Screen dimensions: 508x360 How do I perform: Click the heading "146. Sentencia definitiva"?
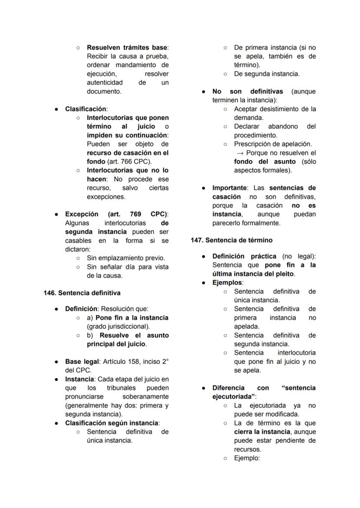coord(82,293)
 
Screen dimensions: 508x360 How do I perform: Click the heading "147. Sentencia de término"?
coord(231,240)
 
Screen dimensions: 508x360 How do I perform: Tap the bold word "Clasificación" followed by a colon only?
coord(86,109)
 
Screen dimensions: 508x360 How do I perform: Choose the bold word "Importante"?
coord(229,188)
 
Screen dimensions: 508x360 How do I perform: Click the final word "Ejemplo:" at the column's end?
coord(247,458)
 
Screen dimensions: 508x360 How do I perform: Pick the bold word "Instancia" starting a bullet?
coord(79,379)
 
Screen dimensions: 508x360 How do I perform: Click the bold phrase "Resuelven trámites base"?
coord(127,47)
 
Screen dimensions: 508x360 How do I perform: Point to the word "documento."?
coord(104,91)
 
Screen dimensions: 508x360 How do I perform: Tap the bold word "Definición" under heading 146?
coord(81,309)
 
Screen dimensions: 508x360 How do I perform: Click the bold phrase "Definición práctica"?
coord(245,256)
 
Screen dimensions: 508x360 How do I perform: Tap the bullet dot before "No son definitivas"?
coord(203,92)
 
